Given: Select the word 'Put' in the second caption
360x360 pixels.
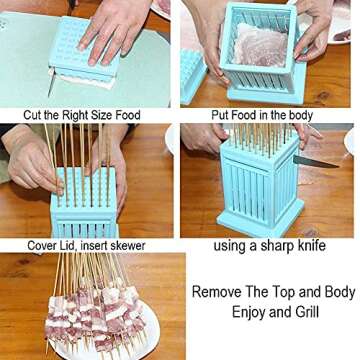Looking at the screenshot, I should [x=222, y=115].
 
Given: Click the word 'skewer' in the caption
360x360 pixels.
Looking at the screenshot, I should [x=125, y=245].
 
